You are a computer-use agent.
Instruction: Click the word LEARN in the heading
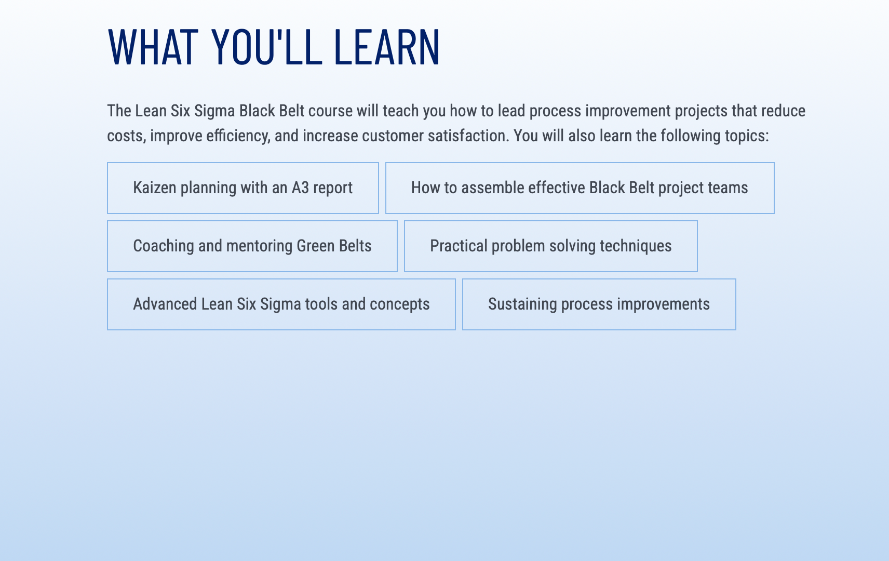click(387, 47)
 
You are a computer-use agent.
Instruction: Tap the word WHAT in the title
click(153, 47)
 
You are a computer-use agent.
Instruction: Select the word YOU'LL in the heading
click(267, 47)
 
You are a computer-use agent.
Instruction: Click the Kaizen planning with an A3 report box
click(243, 188)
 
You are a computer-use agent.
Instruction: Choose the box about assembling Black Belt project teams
click(580, 188)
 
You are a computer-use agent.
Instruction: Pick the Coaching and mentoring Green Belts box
click(252, 246)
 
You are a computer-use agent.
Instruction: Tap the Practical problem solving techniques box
click(551, 246)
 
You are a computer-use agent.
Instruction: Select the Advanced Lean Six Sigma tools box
click(281, 304)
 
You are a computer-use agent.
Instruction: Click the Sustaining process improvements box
click(599, 304)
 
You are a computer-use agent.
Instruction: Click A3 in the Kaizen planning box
click(300, 188)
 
